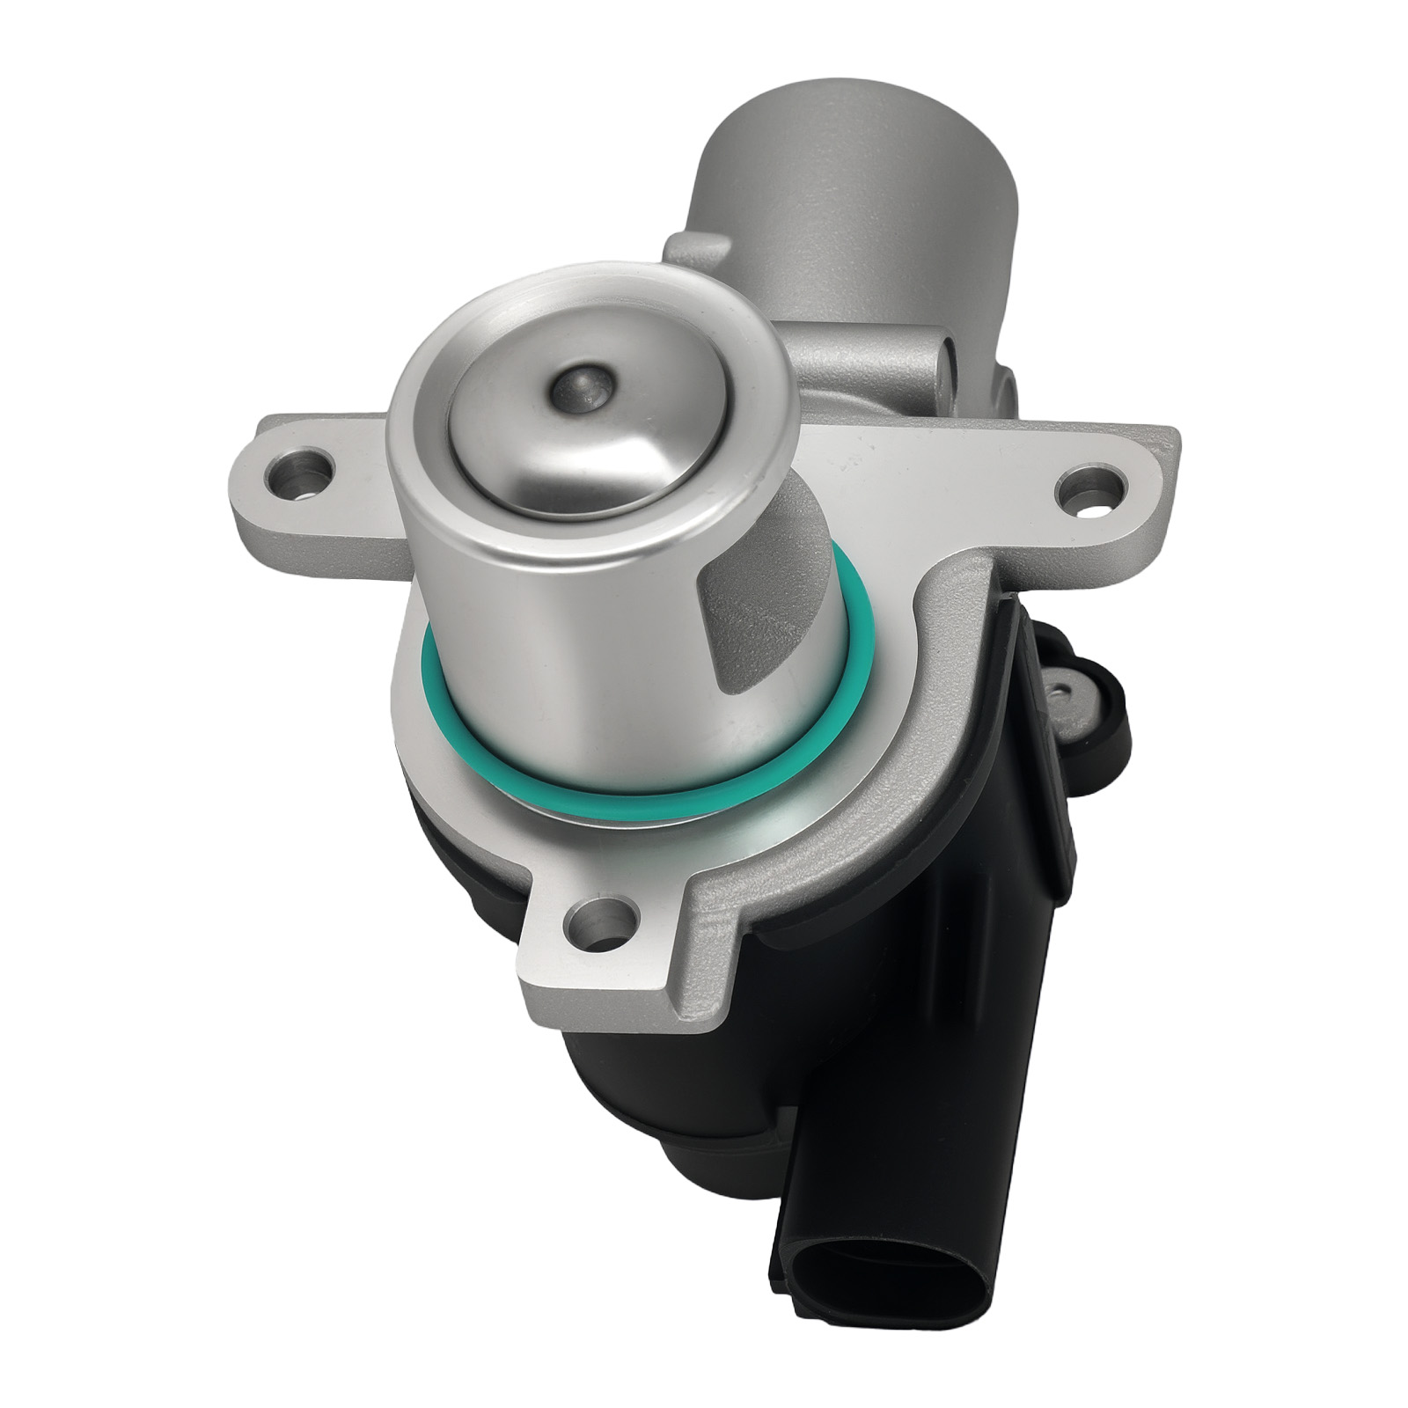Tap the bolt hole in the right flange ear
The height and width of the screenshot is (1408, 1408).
coord(1090,488)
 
